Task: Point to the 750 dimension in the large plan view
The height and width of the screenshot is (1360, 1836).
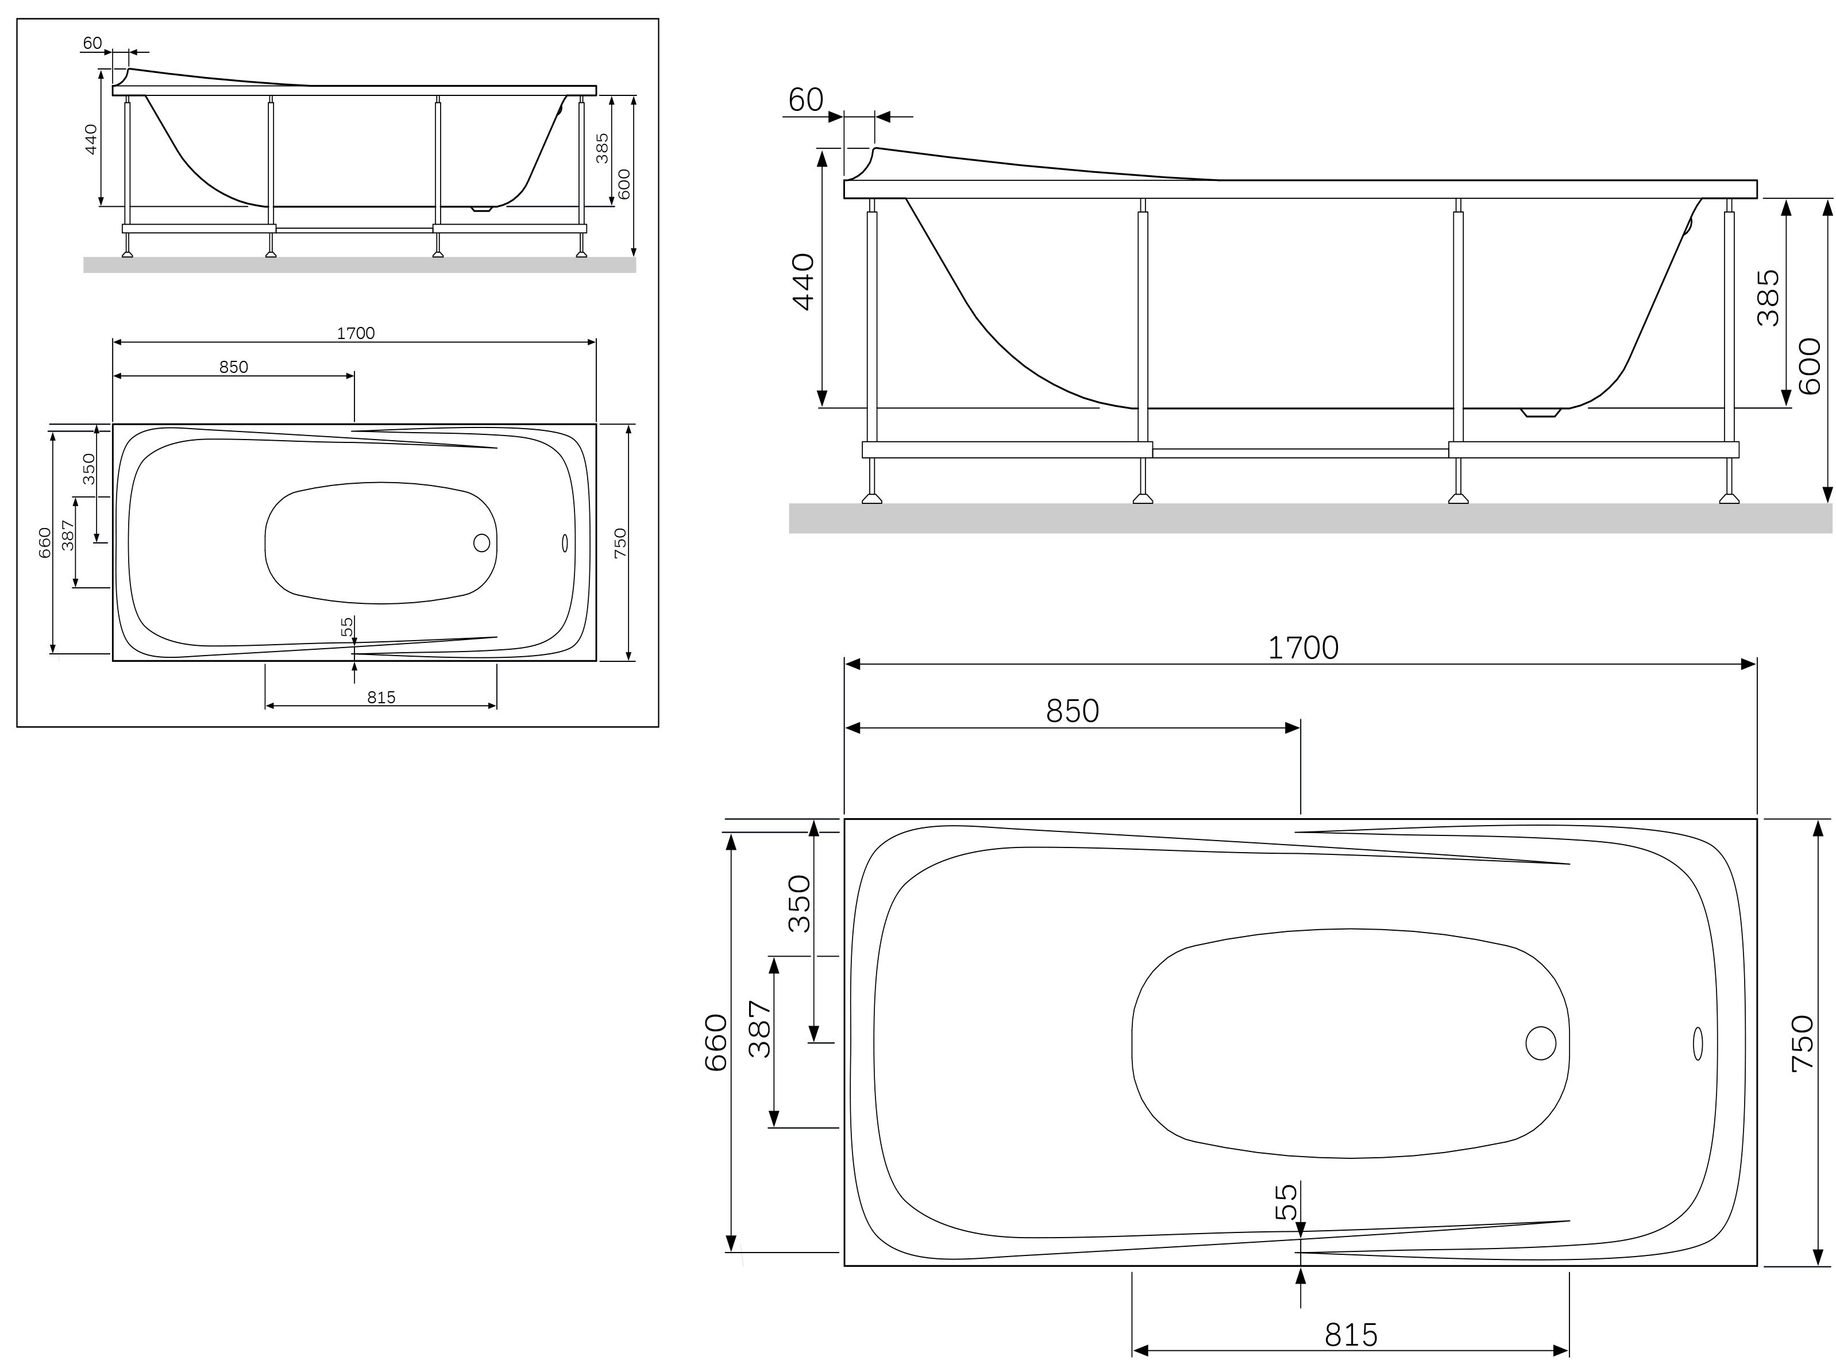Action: coord(1802,1043)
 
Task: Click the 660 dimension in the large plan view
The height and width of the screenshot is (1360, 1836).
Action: coord(716,1042)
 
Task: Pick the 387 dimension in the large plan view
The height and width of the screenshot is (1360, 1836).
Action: coord(759,1028)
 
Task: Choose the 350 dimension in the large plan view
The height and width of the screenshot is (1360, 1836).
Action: coord(799,903)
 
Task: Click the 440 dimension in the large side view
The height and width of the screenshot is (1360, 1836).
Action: coord(803,282)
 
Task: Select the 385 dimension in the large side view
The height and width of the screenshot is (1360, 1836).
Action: coord(1768,298)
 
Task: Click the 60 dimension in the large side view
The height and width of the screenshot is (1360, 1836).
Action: coord(805,99)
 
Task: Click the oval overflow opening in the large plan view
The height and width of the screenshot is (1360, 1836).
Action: coord(1697,1043)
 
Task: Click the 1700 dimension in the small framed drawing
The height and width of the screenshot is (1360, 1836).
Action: coord(356,333)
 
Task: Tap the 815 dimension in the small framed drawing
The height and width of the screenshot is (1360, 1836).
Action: coord(381,698)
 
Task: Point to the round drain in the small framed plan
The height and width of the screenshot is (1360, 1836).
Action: coord(481,542)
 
